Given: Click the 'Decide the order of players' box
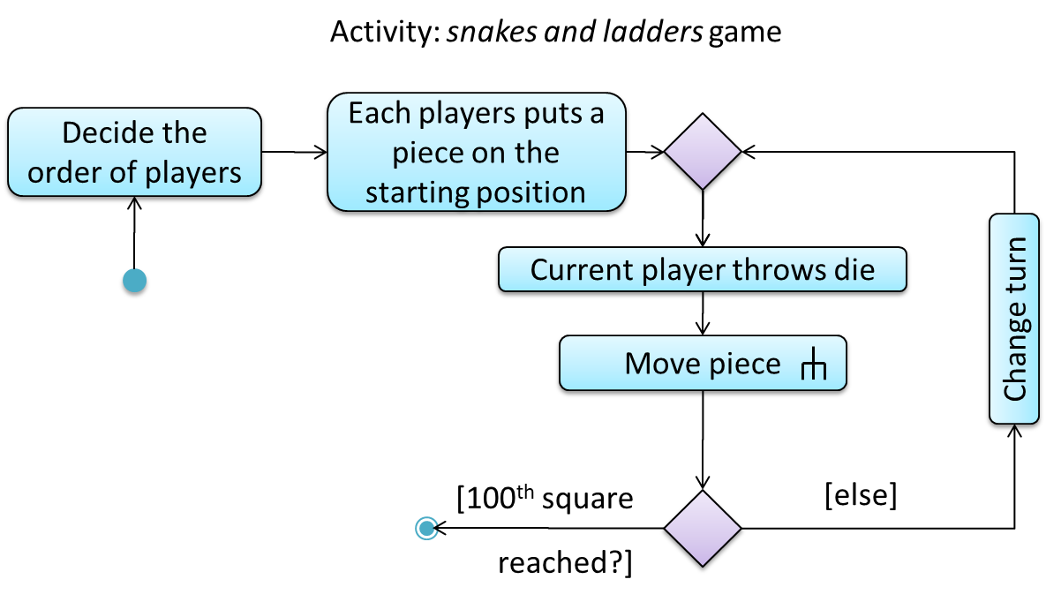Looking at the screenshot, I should [134, 152].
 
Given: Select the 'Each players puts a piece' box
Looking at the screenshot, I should [476, 154].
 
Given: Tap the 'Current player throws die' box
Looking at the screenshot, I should [702, 269].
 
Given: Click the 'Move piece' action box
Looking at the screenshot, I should [703, 364].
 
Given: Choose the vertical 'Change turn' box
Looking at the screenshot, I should [1015, 320].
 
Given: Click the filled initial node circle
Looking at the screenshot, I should [134, 282].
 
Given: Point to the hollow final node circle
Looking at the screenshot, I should [426, 528].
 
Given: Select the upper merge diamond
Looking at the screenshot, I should [703, 152].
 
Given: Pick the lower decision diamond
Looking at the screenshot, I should [703, 528].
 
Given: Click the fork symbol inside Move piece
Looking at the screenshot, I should [812, 365].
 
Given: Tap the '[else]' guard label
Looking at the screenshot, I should [861, 496].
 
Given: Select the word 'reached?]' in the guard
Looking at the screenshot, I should [565, 562].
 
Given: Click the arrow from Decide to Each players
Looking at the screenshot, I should [295, 152].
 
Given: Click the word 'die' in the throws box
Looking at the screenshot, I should [854, 269].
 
